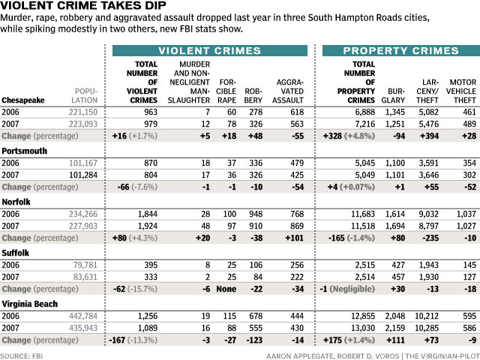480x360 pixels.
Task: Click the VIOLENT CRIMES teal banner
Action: [x=210, y=50]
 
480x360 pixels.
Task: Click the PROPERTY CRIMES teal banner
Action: [x=401, y=50]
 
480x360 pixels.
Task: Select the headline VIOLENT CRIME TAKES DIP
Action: [x=83, y=5]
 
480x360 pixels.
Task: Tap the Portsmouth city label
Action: [x=25, y=151]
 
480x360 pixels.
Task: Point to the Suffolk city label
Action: [x=15, y=253]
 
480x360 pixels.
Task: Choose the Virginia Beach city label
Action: [x=30, y=304]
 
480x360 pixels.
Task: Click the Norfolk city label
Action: [x=16, y=202]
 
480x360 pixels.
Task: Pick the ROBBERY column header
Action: [x=253, y=96]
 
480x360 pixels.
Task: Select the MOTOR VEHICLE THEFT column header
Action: [x=461, y=91]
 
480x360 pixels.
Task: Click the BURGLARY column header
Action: [x=393, y=96]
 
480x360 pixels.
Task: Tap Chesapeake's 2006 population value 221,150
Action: [x=83, y=112]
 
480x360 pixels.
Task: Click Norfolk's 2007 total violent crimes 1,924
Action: [x=148, y=226]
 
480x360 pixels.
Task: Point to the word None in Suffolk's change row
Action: [x=226, y=289]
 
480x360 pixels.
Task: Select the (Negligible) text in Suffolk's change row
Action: [x=352, y=289]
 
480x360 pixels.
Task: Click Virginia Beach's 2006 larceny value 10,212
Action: [x=427, y=316]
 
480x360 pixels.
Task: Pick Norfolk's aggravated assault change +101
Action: [x=294, y=238]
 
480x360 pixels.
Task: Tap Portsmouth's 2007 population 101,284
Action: [x=83, y=175]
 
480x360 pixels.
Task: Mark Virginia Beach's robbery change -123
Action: [x=254, y=340]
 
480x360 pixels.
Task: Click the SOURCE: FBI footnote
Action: [x=22, y=356]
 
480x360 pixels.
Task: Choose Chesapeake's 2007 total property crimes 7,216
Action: [x=365, y=124]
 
